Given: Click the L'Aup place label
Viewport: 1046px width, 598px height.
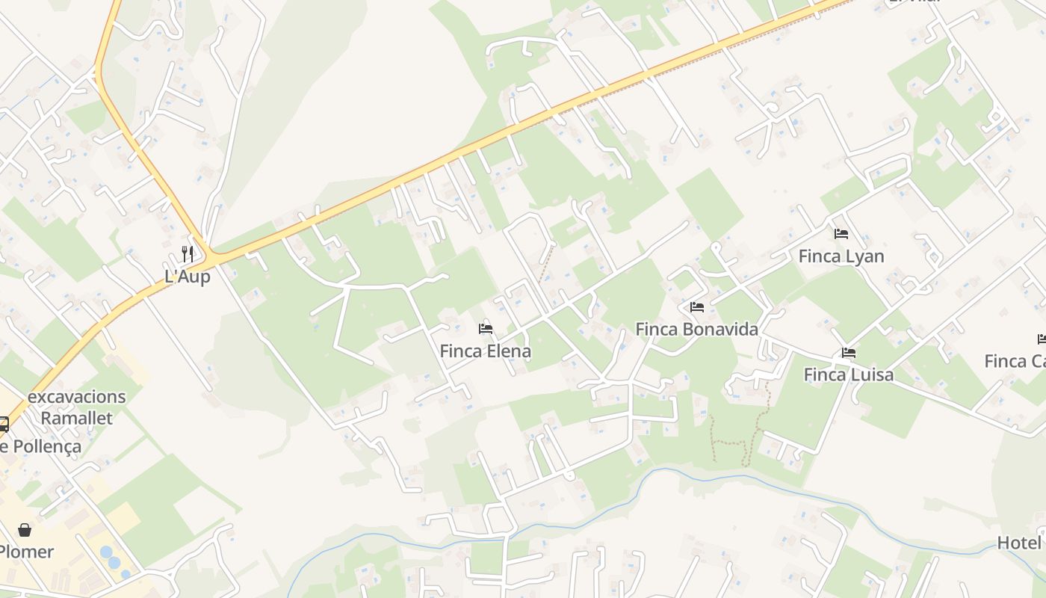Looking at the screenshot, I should point(188,277).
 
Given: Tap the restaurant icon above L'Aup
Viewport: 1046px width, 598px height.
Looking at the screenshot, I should point(188,254).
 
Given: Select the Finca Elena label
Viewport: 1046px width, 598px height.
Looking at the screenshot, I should point(486,351).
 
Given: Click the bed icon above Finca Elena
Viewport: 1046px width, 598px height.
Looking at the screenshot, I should point(486,329).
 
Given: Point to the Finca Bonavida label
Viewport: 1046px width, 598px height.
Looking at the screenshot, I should point(696,329).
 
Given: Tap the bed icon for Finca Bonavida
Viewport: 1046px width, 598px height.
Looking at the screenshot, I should point(697,307).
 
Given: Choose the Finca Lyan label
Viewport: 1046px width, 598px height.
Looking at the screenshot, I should point(841,256).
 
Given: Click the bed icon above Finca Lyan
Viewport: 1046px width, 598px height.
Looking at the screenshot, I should point(841,234).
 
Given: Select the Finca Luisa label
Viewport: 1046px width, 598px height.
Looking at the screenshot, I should point(849,374).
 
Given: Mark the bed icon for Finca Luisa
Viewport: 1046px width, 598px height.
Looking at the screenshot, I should point(849,353).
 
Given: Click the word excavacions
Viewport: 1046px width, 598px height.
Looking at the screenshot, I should point(77,397).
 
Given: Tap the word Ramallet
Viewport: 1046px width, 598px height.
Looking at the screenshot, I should point(76,418).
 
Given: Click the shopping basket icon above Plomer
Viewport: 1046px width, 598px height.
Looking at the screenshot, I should point(25,530).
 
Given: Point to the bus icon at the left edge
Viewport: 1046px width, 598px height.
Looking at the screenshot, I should point(3,425).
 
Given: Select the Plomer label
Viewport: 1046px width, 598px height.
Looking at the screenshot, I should point(26,552).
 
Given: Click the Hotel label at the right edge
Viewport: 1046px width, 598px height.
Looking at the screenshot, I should point(1021,543).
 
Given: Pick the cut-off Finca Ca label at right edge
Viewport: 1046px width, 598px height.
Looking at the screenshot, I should point(1015,362).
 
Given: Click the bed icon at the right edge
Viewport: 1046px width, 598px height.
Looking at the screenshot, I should point(1042,339).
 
